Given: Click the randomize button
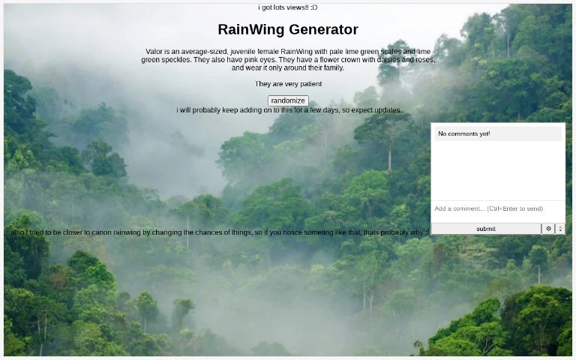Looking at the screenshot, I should (288, 100).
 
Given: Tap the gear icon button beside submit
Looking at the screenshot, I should (548, 229).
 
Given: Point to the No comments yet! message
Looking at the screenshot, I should (464, 133).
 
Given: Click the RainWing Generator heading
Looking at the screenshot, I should (288, 30).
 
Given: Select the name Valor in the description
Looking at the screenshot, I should (154, 52).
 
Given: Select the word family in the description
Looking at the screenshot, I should (332, 68).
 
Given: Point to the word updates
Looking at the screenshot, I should (386, 110).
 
